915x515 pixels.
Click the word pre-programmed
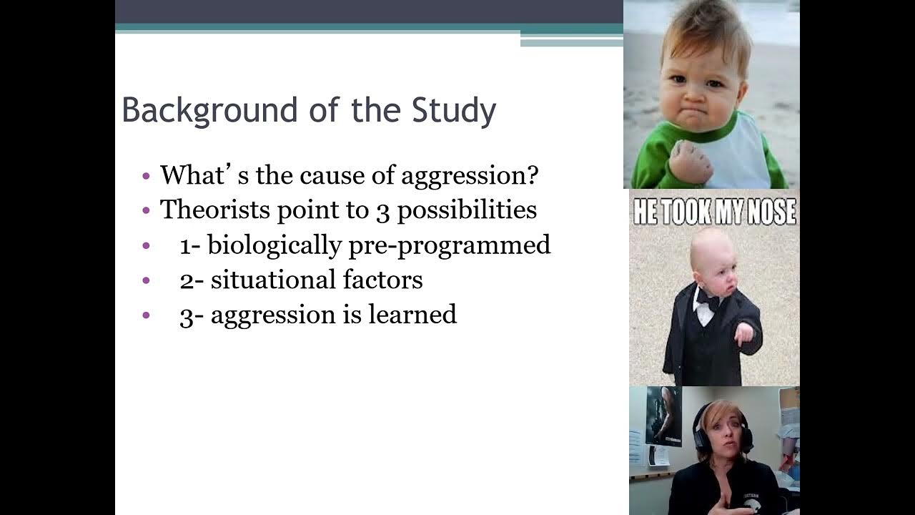(x=450, y=245)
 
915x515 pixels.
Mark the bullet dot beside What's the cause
(x=147, y=176)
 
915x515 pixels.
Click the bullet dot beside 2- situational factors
(x=147, y=280)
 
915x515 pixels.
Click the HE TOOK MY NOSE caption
(x=714, y=212)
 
